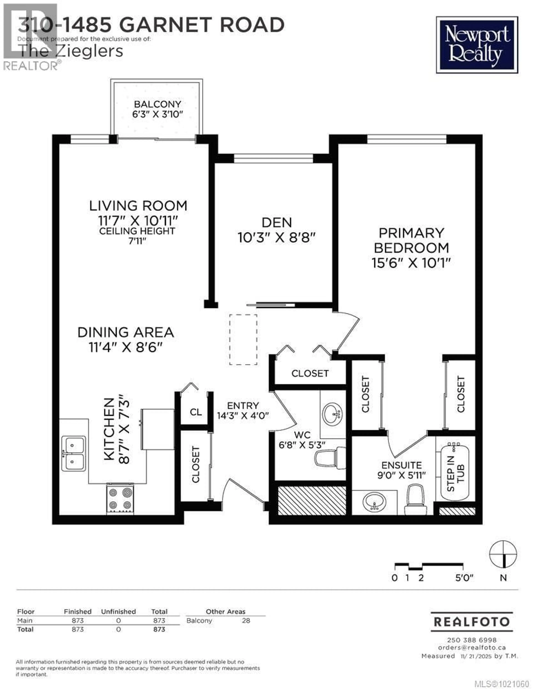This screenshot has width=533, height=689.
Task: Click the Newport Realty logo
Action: (x=477, y=45)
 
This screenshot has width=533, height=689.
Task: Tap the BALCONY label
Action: (x=157, y=104)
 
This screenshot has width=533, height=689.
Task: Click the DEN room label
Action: (x=277, y=223)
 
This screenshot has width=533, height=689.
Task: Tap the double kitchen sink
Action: (x=73, y=453)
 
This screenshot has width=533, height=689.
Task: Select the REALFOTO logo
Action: (x=472, y=622)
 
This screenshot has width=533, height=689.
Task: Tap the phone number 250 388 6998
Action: (x=472, y=640)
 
